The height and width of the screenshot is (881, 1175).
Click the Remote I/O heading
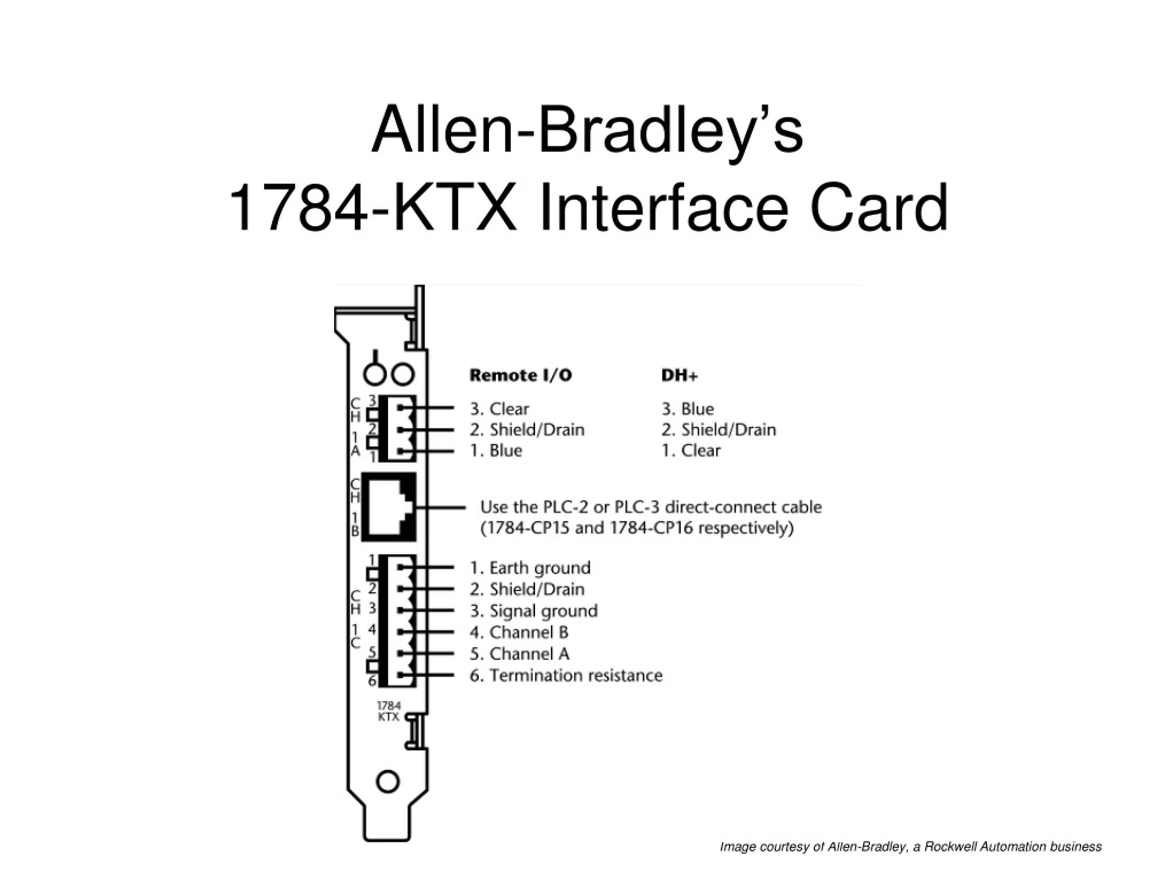(x=520, y=375)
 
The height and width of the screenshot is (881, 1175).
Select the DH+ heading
(x=679, y=375)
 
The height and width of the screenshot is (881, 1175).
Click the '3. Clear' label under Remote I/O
(x=499, y=409)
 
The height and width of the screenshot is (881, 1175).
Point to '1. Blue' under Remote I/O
(x=496, y=450)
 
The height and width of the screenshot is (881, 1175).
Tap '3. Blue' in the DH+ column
(x=688, y=409)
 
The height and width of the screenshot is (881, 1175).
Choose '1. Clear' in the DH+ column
(x=691, y=450)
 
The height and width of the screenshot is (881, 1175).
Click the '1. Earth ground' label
(x=530, y=568)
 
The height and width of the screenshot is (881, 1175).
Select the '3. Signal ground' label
(x=533, y=611)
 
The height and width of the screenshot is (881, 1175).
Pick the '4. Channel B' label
(x=519, y=632)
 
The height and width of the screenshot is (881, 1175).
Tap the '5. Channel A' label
(x=520, y=654)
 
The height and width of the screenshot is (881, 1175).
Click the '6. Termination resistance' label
(x=566, y=675)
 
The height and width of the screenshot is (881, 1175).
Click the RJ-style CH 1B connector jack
(x=389, y=507)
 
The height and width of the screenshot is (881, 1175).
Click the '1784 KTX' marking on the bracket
(x=388, y=711)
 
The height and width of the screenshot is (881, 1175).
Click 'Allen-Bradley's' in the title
(x=587, y=130)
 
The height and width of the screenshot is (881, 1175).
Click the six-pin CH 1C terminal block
(x=398, y=621)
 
